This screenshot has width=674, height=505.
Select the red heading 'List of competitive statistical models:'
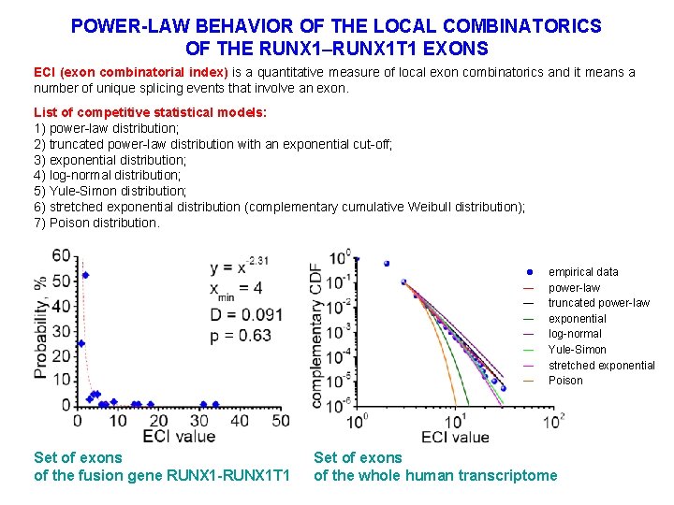[150, 112]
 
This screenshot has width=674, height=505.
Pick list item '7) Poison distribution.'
[96, 223]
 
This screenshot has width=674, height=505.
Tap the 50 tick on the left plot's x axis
[280, 421]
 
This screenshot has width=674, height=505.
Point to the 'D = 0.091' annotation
[245, 312]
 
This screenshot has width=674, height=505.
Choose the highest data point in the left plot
[85, 274]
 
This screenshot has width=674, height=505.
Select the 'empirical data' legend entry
[583, 272]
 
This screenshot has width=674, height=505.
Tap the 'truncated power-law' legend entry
[598, 303]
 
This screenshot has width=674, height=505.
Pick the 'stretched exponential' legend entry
[601, 366]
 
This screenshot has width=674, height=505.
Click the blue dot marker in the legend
[530, 272]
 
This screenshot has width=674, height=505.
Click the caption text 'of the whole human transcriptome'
[434, 476]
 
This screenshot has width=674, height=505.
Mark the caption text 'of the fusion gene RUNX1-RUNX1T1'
[161, 476]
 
